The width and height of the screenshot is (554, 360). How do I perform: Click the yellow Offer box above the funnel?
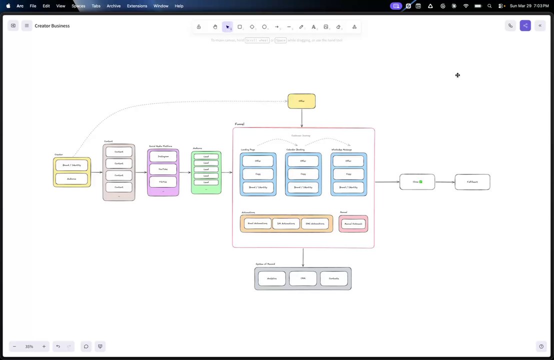pos(301,101)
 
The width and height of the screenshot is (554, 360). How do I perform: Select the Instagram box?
pos(163,156)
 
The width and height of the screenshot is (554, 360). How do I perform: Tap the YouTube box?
pos(163,169)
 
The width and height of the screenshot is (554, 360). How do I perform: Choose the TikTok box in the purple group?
pos(163,182)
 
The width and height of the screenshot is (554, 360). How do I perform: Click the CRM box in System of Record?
pos(303,278)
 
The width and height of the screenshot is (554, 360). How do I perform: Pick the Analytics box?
pos(272,278)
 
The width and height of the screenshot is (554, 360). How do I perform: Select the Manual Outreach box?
pos(353,223)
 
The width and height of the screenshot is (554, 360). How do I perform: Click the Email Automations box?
pos(257,223)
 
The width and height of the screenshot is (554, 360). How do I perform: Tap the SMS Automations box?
pos(314,223)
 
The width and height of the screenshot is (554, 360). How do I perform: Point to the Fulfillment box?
pos(472,182)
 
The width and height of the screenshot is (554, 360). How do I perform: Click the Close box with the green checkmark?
pos(417,182)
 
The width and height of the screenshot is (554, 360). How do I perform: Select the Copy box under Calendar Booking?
pos(303,174)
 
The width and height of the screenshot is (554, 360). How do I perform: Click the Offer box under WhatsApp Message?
pos(348,161)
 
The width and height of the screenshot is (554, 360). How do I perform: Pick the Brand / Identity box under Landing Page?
pos(258,187)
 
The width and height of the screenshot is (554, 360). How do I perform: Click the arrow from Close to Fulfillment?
pos(444,182)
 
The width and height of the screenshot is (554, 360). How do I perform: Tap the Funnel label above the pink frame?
pos(239,124)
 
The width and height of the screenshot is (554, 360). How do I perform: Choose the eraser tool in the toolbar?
pos(338,27)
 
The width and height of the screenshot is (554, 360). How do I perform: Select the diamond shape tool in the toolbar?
pos(252,27)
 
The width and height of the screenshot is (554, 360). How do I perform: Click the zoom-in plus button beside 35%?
pos(44,346)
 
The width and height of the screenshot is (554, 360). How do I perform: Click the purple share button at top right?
pos(525,25)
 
